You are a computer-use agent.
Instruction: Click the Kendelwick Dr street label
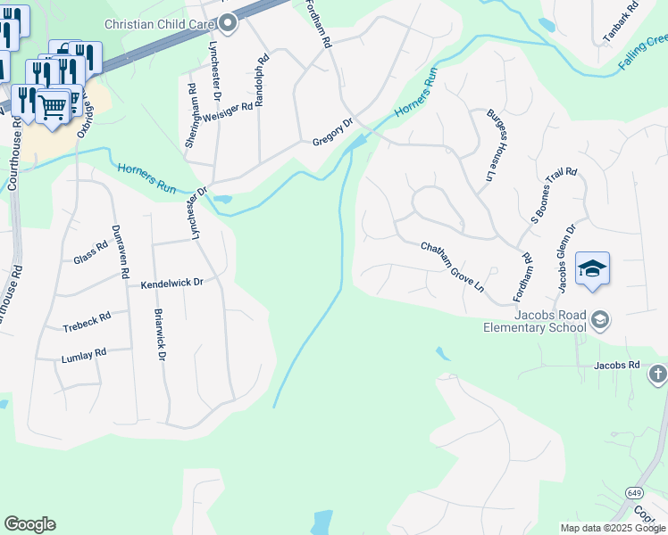point(172,284)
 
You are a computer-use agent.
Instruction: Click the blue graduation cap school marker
point(592,269)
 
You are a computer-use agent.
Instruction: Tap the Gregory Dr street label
point(333,134)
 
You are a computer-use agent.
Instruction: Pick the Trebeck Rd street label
point(87,322)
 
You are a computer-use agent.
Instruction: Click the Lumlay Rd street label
point(84,354)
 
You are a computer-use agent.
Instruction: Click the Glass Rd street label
point(91,255)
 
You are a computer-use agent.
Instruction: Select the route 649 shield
point(634,492)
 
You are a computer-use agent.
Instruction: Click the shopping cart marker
point(53,107)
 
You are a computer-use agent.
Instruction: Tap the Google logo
point(29,524)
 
